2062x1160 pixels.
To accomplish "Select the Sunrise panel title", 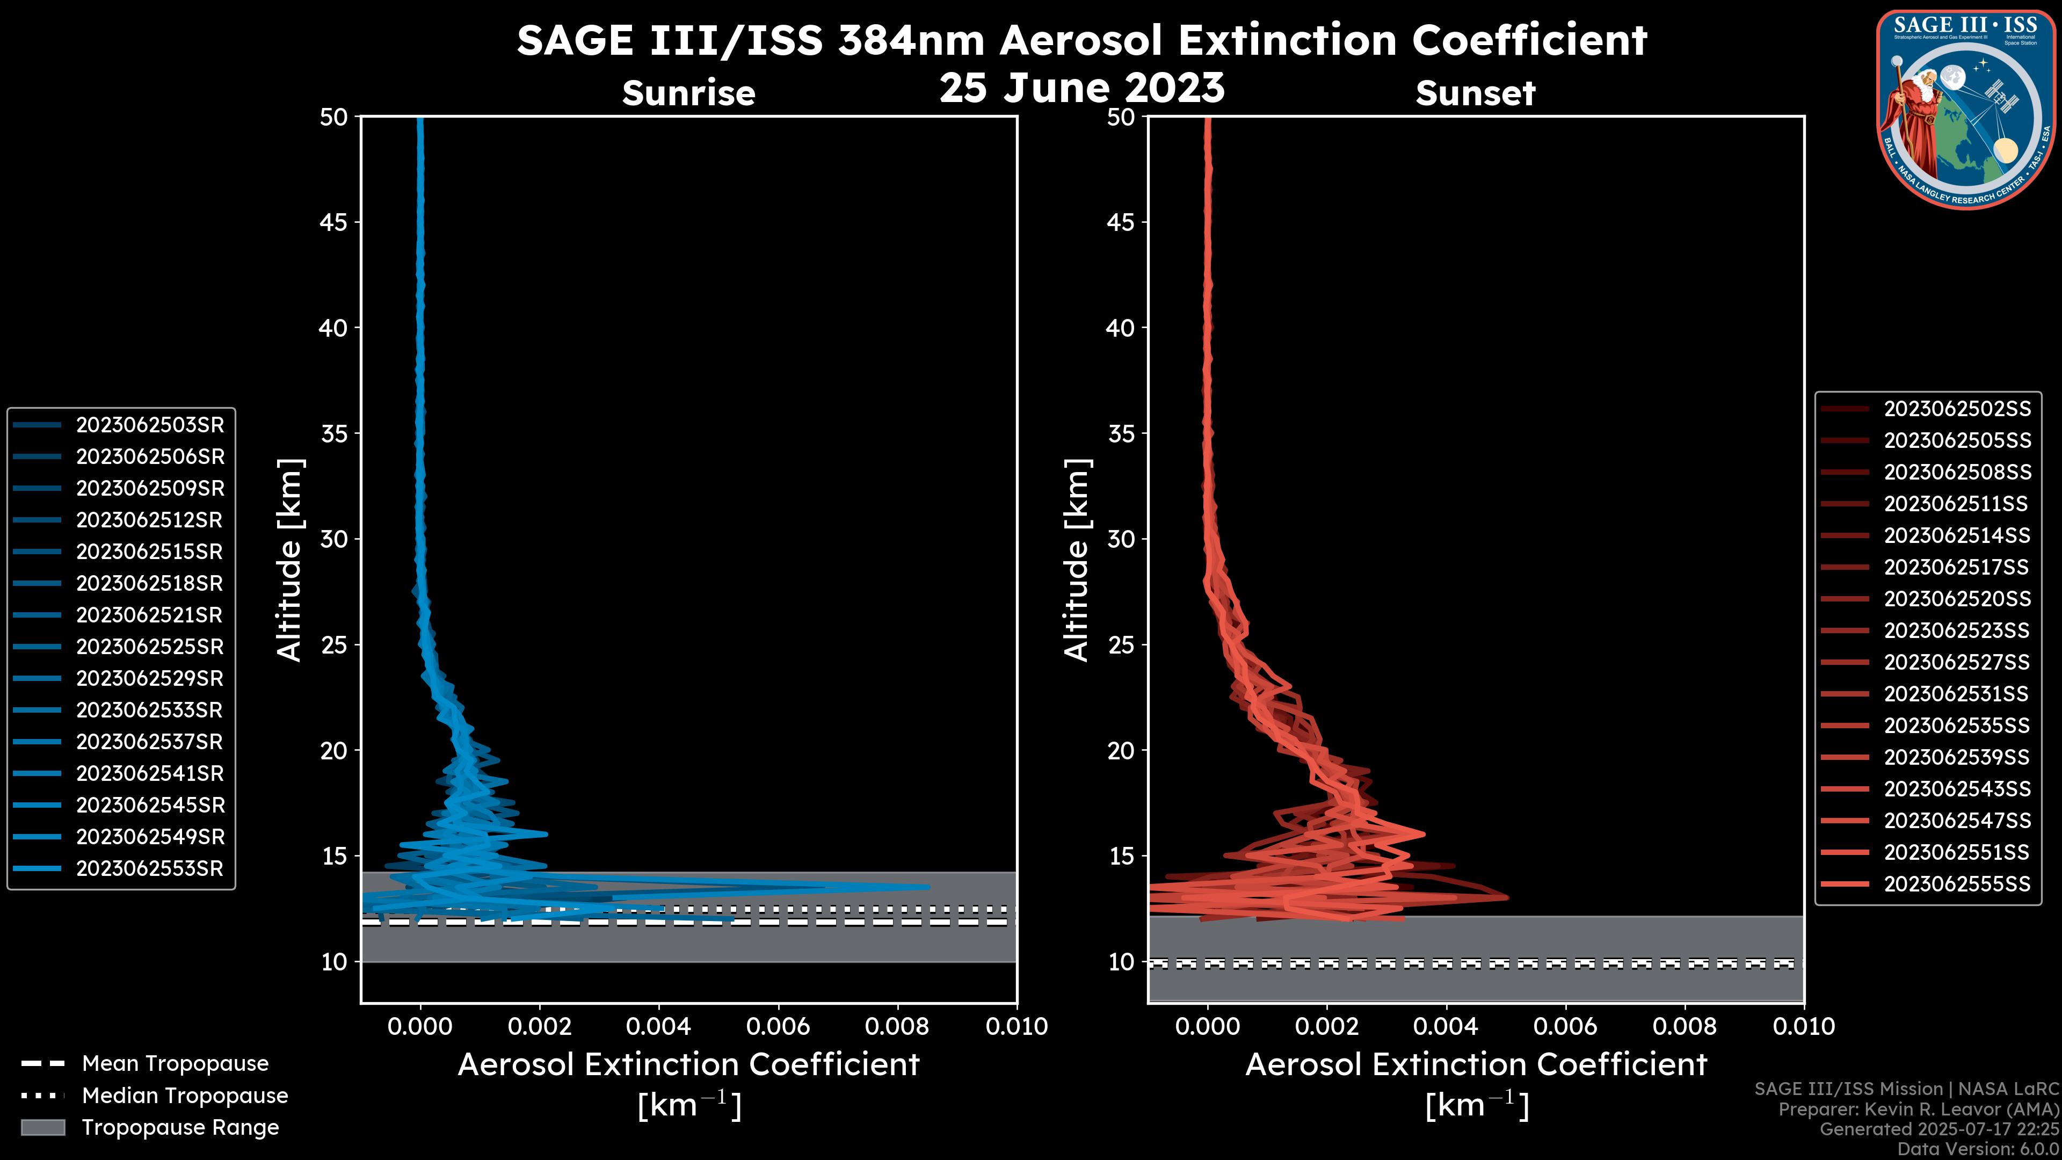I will tap(688, 93).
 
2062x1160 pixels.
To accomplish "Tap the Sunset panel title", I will tap(1475, 93).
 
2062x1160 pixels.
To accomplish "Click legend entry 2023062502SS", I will tap(1956, 409).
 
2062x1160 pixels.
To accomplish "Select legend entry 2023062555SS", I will tap(1956, 884).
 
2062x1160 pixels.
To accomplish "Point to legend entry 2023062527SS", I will tap(1956, 662).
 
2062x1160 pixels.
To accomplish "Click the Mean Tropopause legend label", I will tap(175, 1063).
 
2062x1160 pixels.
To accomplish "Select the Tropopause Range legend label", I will tap(180, 1127).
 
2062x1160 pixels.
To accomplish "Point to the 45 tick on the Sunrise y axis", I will tap(335, 222).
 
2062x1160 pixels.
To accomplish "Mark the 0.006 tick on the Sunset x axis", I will tap(1566, 1026).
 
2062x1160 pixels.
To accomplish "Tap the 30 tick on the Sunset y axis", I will tap(1121, 539).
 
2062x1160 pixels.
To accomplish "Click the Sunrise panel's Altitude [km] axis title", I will tap(289, 560).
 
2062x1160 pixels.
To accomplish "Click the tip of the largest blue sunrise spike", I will tap(928, 886).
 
